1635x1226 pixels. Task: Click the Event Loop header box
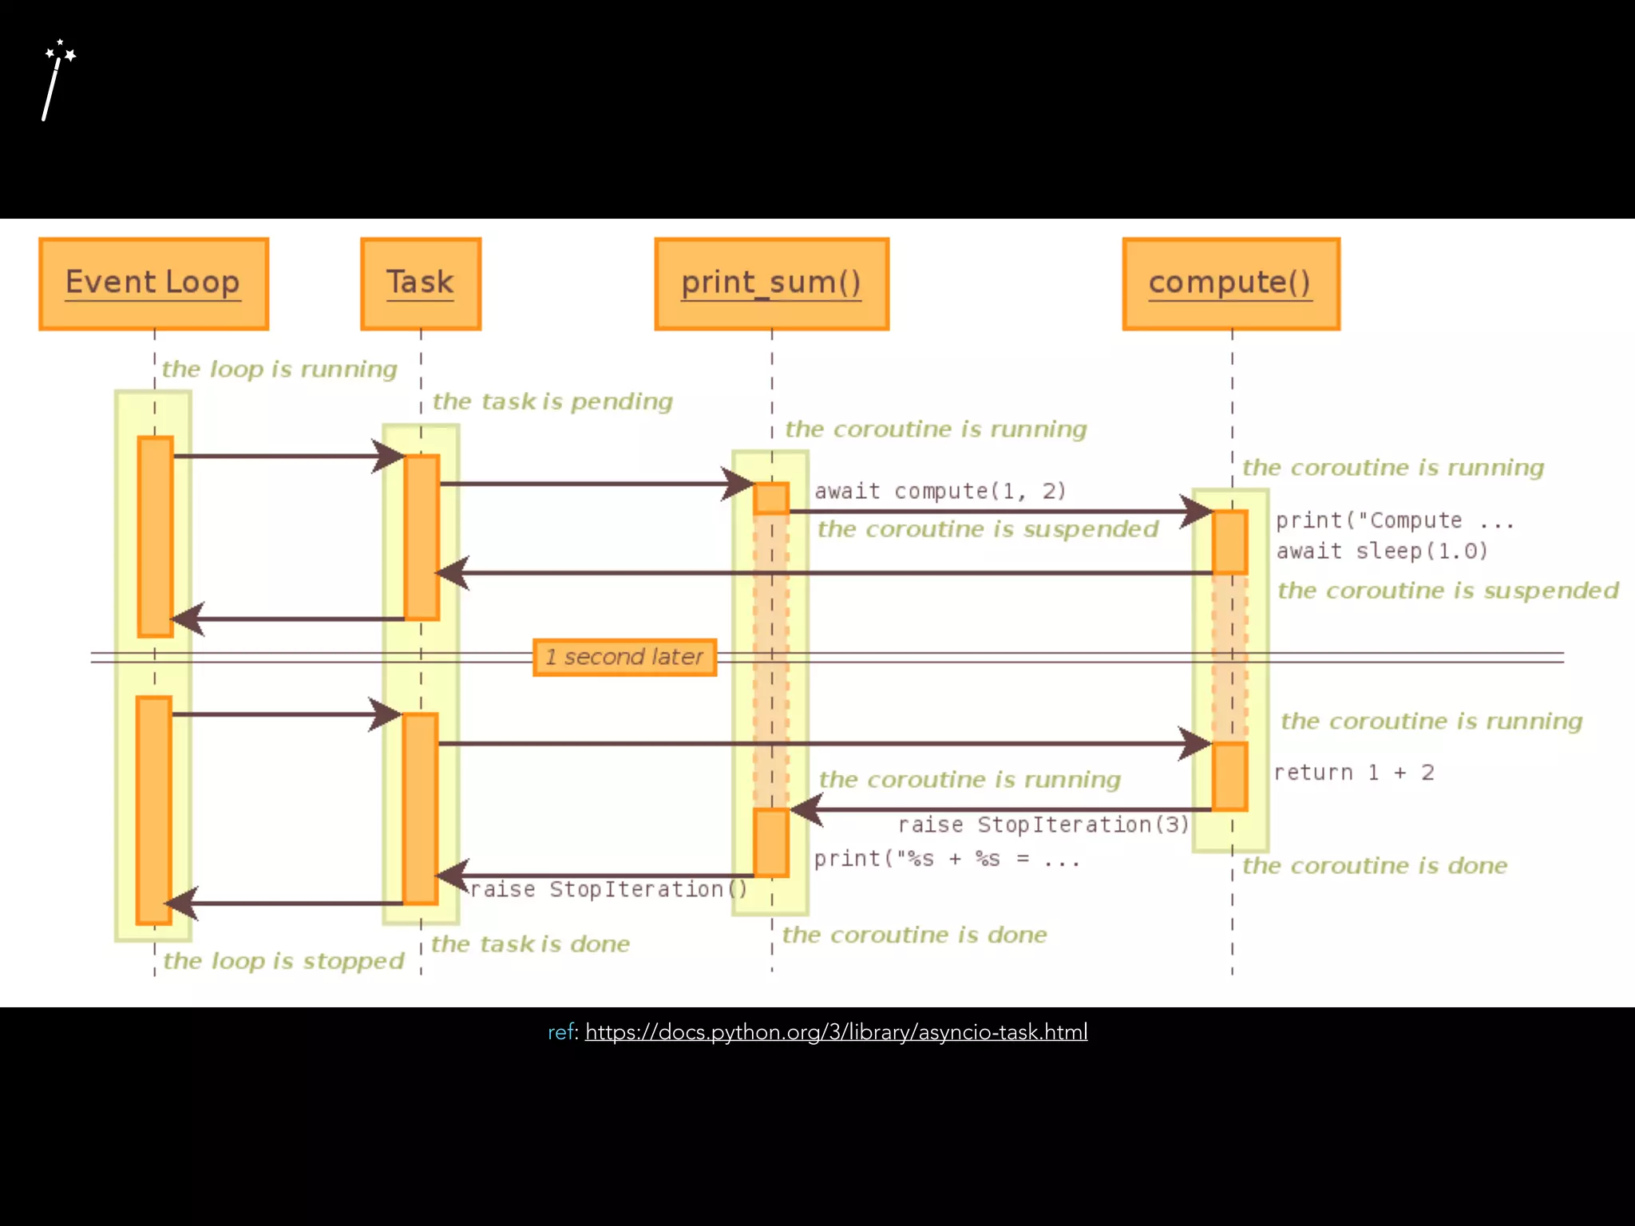[x=153, y=283]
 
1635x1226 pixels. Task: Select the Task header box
[x=421, y=283]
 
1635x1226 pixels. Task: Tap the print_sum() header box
[x=771, y=283]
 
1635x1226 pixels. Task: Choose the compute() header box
[x=1230, y=283]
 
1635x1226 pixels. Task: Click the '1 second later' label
[x=624, y=657]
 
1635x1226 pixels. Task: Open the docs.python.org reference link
[x=836, y=1032]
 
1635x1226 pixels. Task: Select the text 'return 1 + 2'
[x=1353, y=773]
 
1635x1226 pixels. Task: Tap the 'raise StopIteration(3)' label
[x=1043, y=825]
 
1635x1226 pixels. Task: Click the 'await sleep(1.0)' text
[x=1381, y=551]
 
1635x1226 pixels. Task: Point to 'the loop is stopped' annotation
[x=283, y=960]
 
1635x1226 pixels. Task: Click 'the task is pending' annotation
[x=552, y=401]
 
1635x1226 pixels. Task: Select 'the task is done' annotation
[x=530, y=944]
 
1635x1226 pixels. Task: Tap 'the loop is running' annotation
[x=279, y=369]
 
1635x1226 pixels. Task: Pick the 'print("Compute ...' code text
[x=1394, y=520]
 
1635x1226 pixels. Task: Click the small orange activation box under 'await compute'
[x=771, y=498]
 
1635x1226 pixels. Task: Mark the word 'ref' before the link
[x=560, y=1032]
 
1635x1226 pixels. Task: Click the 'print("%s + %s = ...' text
[x=946, y=859]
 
